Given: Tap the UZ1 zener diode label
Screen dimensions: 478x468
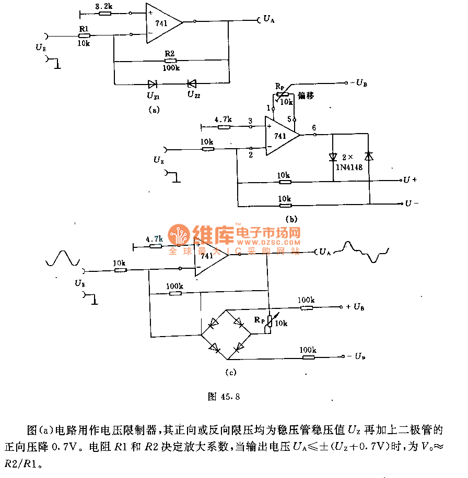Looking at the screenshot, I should pos(153,95).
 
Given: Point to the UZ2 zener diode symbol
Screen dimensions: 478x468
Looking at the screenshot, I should pos(192,83).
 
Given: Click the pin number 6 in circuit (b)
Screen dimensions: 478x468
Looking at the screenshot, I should pos(313,127).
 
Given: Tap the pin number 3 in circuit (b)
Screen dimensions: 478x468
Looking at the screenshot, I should pos(250,120).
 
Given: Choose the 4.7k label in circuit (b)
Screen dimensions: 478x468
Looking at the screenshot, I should pos(223,119).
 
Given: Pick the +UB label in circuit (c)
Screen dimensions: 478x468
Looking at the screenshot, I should pos(355,307).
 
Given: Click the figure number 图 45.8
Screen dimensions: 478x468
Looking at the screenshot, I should pos(224,397).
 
